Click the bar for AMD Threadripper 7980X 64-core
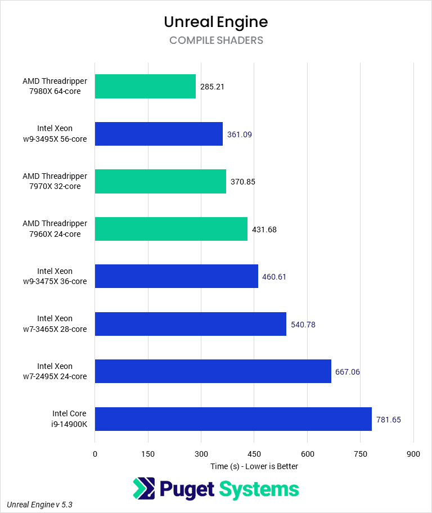145,87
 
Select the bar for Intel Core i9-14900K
233,419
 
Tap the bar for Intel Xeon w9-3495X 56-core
159,134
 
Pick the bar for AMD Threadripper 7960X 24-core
171,229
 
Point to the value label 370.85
242,182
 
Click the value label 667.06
348,372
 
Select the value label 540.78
303,325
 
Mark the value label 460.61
274,277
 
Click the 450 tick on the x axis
254,454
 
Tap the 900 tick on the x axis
413,454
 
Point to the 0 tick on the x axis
95,454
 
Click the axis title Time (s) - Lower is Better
254,466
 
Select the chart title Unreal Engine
216,21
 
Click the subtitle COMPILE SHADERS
216,40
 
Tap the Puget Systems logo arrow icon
144,489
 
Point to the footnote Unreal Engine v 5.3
39,505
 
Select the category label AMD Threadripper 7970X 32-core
55,181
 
